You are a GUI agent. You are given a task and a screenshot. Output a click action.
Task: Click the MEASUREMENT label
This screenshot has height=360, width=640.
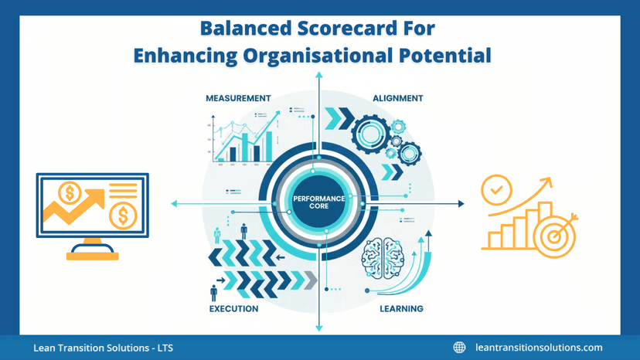[238, 99]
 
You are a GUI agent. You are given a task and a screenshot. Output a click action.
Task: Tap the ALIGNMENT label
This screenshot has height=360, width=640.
[397, 99]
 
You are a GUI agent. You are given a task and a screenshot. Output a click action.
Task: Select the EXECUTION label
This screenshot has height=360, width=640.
[233, 309]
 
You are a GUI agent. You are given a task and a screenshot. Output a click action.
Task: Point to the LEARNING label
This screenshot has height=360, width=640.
[401, 309]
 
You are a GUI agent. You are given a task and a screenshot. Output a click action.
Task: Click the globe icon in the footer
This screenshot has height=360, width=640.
[460, 348]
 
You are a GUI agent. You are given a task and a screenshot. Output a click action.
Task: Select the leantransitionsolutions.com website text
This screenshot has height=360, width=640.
[539, 348]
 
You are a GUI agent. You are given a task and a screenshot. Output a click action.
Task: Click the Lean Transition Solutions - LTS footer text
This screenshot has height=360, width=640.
[103, 348]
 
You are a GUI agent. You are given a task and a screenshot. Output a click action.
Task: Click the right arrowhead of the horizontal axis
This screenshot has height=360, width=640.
[461, 204]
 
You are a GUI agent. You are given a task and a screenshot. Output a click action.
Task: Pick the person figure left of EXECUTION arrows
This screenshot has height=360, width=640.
[214, 293]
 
